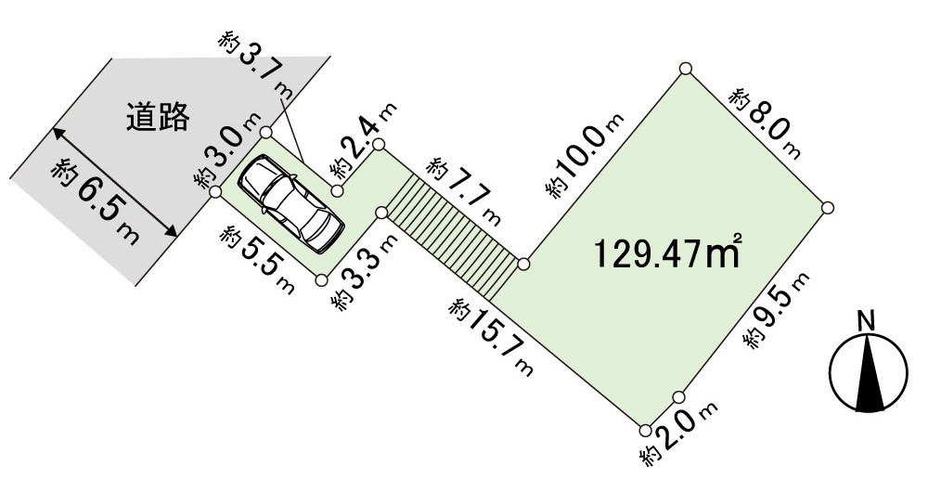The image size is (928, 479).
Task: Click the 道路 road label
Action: [x=158, y=116]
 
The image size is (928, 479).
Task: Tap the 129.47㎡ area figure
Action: [x=668, y=252]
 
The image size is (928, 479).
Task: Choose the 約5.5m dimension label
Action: [x=257, y=260]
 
